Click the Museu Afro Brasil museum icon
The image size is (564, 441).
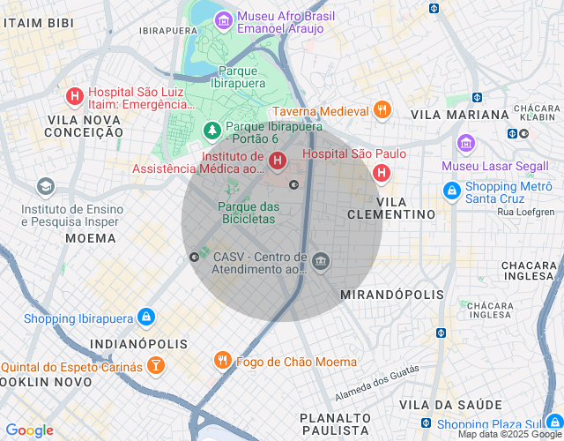click(224, 19)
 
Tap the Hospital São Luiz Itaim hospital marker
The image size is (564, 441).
click(75, 94)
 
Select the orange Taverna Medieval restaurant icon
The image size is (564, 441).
click(382, 110)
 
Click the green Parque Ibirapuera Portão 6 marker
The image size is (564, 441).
click(212, 131)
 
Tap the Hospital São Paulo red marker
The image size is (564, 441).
click(382, 172)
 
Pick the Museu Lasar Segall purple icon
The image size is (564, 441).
click(465, 143)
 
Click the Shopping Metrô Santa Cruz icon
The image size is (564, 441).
click(451, 190)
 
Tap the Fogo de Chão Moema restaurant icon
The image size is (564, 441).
click(222, 361)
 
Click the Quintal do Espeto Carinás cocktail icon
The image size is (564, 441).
click(155, 365)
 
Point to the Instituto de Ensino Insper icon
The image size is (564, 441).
click(45, 187)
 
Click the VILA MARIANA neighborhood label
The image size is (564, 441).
click(460, 115)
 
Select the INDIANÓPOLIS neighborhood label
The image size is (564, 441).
click(139, 343)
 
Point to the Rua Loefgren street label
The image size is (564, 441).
click(526, 212)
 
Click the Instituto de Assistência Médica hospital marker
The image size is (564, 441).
click(278, 161)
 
